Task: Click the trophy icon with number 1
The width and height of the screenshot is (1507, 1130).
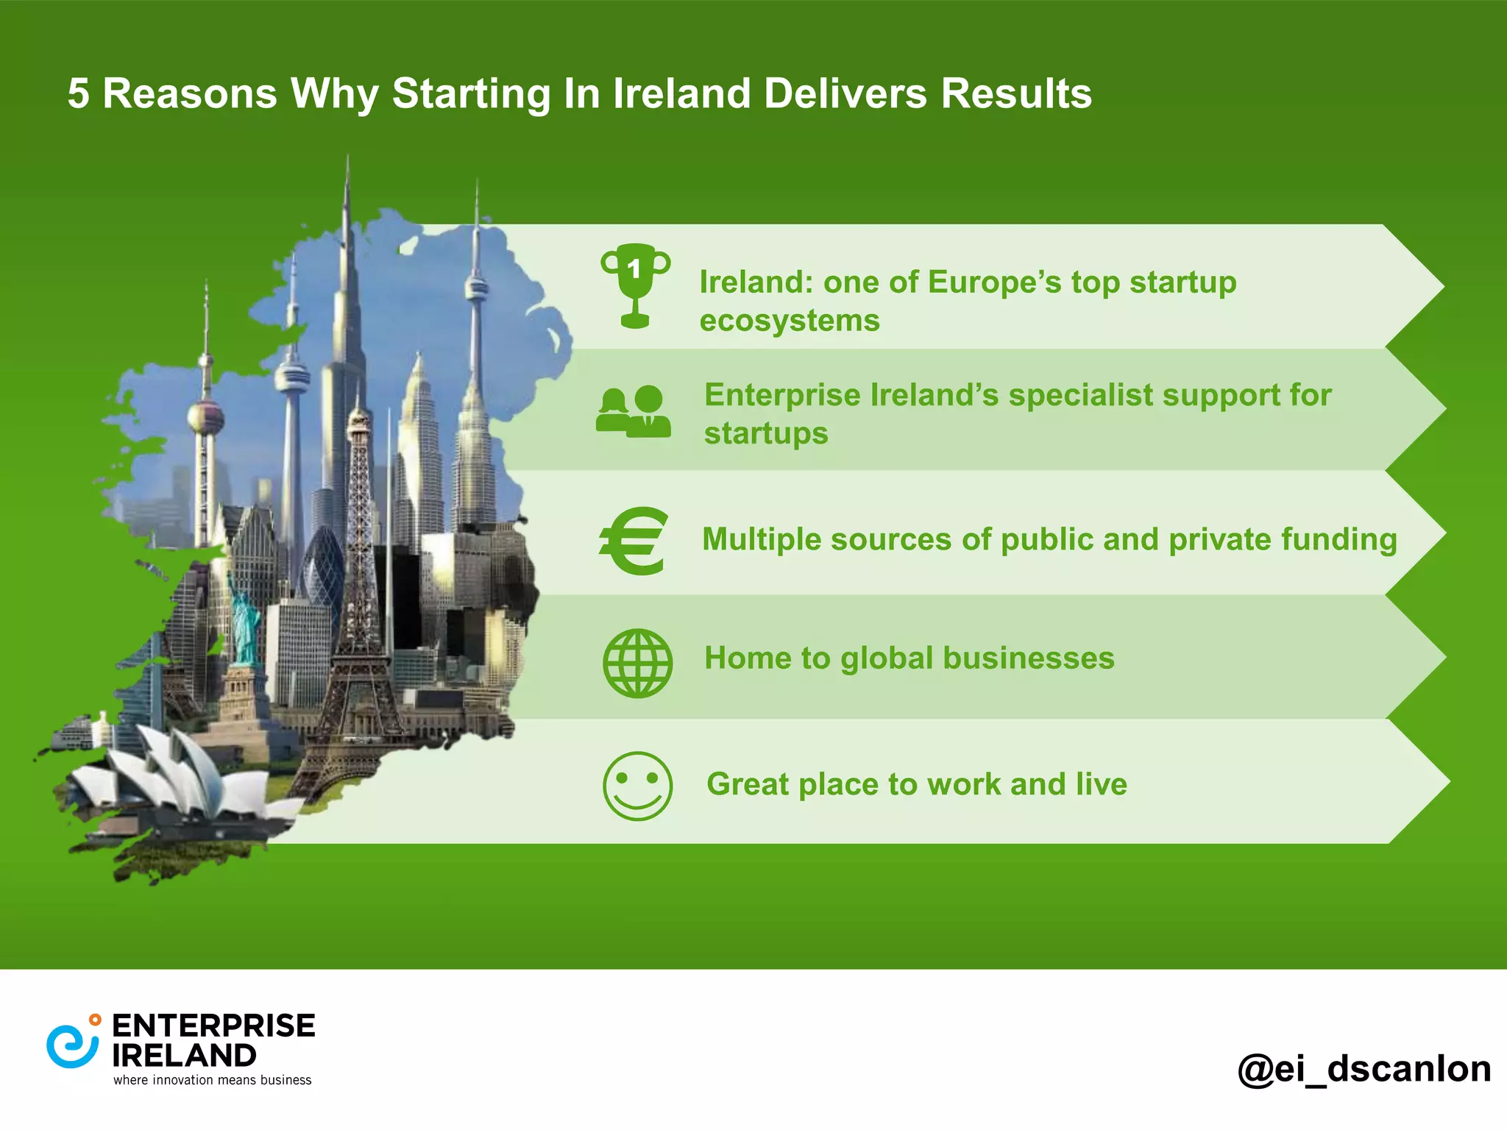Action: [x=635, y=285]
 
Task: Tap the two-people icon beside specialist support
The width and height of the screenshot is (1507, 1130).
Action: [x=634, y=412]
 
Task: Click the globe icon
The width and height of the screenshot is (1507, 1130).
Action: [x=637, y=663]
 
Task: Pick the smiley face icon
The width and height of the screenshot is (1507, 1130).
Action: [x=637, y=786]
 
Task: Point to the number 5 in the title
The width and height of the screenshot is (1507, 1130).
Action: [x=78, y=94]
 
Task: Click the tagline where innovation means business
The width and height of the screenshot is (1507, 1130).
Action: [x=212, y=1080]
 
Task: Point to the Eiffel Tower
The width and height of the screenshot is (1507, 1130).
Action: [x=360, y=589]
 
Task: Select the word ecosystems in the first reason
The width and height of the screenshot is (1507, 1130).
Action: [x=789, y=321]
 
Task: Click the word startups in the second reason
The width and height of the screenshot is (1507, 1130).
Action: [x=766, y=433]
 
